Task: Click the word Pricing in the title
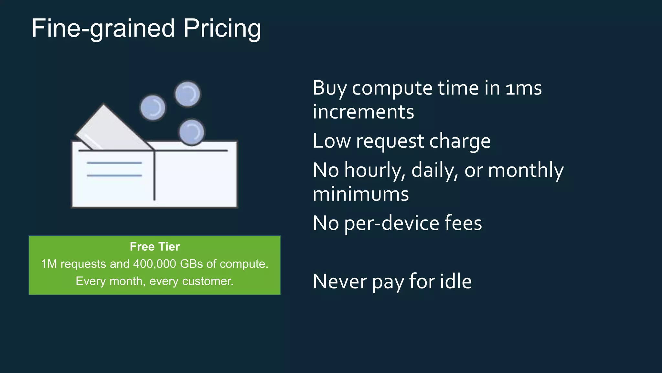click(x=222, y=28)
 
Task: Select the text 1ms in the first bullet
click(x=524, y=88)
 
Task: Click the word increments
click(x=363, y=112)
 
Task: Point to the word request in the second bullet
click(x=390, y=141)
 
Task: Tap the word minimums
click(x=361, y=194)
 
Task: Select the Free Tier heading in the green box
click(x=155, y=247)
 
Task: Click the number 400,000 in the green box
click(x=155, y=264)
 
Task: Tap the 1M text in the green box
click(x=49, y=264)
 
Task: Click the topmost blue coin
click(x=187, y=94)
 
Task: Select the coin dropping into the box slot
click(x=192, y=132)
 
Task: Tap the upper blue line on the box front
click(x=114, y=163)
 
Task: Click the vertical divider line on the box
click(x=155, y=176)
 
